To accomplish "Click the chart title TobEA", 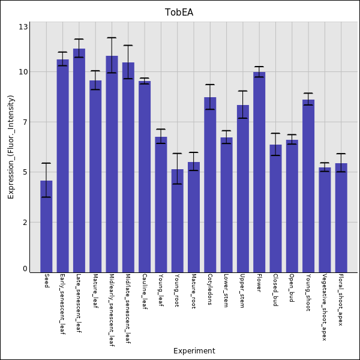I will (179, 13).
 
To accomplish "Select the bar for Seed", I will (46, 226).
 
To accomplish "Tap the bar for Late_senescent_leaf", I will (79, 160).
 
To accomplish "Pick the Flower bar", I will (259, 172).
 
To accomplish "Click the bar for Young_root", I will (177, 220).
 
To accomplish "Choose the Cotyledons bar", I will (210, 184).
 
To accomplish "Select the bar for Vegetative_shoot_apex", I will (325, 220).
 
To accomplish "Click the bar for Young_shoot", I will (308, 185).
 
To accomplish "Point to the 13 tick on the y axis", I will (23, 27).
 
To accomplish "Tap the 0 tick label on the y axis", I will (25, 269).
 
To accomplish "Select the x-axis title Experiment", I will (194, 351).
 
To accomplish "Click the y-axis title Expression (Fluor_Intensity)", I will (11, 147).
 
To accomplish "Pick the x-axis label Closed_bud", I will (275, 290).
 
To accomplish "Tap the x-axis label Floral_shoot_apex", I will (341, 299).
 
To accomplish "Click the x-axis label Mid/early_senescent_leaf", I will (112, 310).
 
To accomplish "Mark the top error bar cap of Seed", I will (46, 163).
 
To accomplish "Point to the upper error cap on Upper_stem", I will (242, 91).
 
